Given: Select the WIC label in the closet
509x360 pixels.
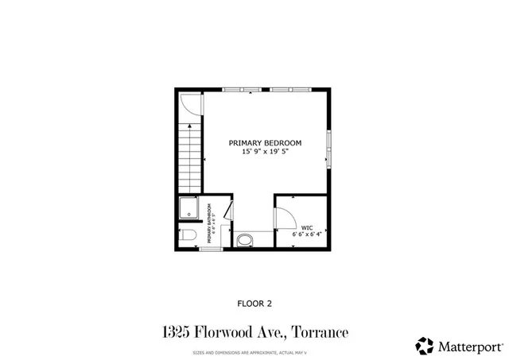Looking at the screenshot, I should tap(307, 226).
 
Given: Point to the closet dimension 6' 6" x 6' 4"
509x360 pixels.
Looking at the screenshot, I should tap(307, 234).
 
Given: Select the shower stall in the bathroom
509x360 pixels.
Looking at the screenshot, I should tap(189, 208).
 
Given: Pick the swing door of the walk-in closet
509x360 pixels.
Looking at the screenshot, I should tap(283, 219).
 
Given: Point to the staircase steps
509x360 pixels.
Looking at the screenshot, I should tap(192, 158).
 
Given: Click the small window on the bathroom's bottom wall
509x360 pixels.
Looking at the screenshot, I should tap(210, 250).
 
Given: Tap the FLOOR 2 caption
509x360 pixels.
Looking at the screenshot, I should tap(254, 303).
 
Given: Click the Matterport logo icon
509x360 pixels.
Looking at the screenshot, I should tap(425, 346).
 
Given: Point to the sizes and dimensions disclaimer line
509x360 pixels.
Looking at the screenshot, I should tap(254, 351).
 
